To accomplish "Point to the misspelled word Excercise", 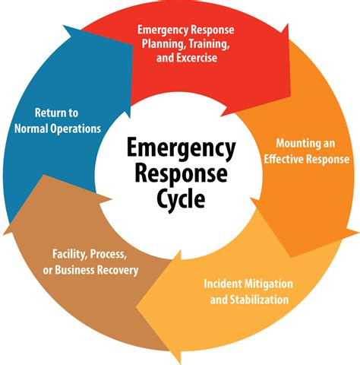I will pyautogui.click(x=212, y=59).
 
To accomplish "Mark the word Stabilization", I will pyautogui.click(x=256, y=300).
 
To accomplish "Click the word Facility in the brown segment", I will pyautogui.click(x=72, y=253).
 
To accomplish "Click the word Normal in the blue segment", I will pyautogui.click(x=32, y=129).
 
